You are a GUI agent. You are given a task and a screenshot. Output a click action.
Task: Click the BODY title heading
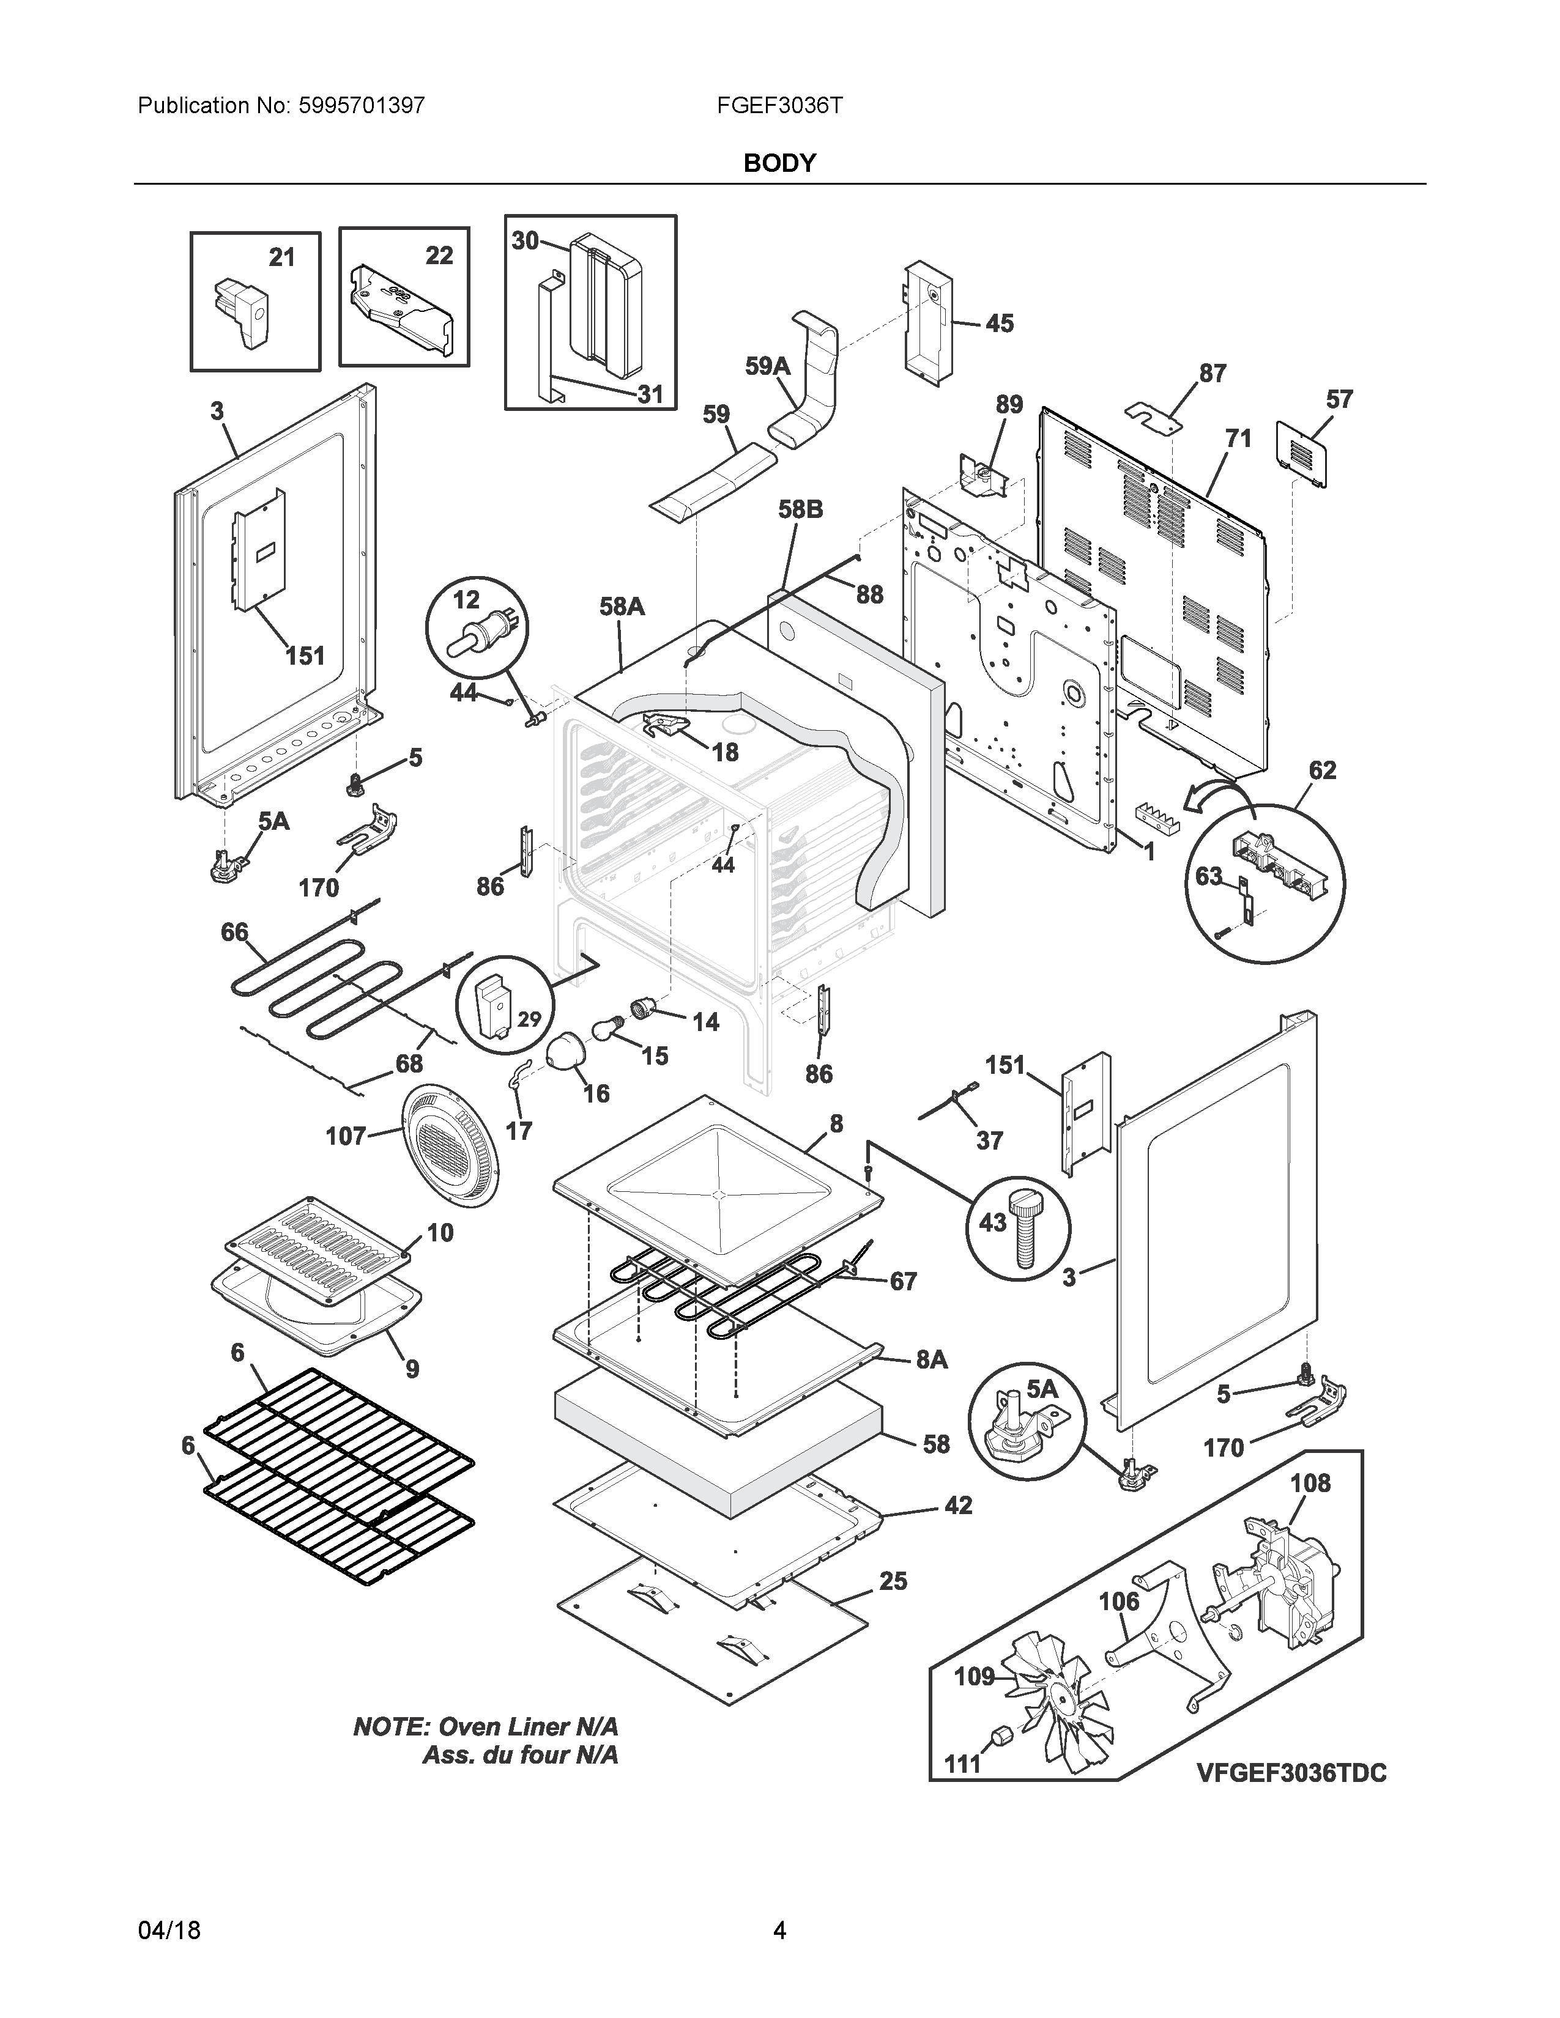tap(779, 163)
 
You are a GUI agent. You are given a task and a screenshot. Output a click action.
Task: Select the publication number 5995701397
tap(362, 105)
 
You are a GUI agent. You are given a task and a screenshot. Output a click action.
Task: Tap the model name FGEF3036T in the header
tap(779, 105)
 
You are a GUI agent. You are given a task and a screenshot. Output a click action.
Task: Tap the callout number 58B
tap(800, 509)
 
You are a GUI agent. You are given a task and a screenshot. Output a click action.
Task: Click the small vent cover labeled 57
tap(1301, 453)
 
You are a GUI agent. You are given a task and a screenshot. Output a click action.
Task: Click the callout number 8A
tap(932, 1359)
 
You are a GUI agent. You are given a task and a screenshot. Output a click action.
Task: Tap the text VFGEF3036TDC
tap(1291, 1773)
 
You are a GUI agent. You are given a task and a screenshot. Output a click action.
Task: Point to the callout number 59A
tap(768, 367)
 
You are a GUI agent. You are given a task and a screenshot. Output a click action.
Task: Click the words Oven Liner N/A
tap(527, 1727)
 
